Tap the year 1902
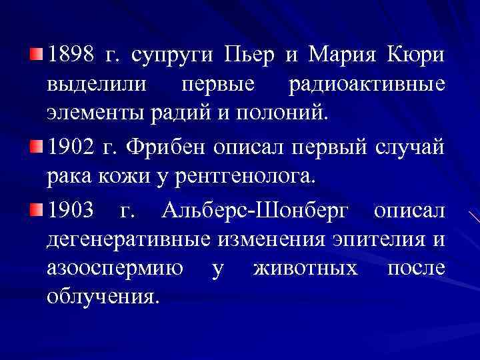[x=71, y=146]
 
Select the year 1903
[x=71, y=211]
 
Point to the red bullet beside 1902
[x=36, y=143]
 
